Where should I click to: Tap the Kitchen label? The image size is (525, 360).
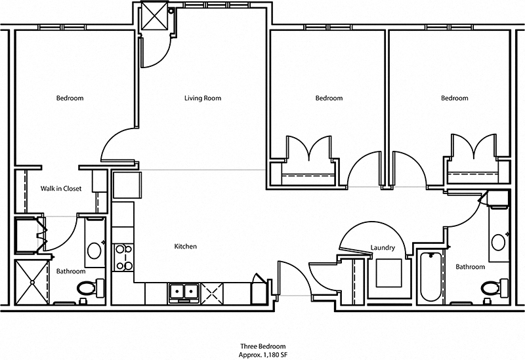pyautogui.click(x=185, y=247)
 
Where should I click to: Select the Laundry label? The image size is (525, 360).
pyautogui.click(x=382, y=248)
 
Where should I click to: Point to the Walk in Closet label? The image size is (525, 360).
pyautogui.click(x=61, y=189)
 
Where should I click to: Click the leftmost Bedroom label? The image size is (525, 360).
pyautogui.click(x=70, y=98)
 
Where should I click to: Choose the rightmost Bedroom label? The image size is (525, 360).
pyautogui.click(x=454, y=98)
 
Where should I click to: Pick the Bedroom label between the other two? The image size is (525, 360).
pyautogui.click(x=329, y=98)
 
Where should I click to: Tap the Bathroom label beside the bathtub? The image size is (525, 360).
pyautogui.click(x=470, y=267)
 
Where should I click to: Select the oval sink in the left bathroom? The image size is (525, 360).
pyautogui.click(x=94, y=250)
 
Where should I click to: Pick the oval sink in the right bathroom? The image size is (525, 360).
pyautogui.click(x=499, y=241)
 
